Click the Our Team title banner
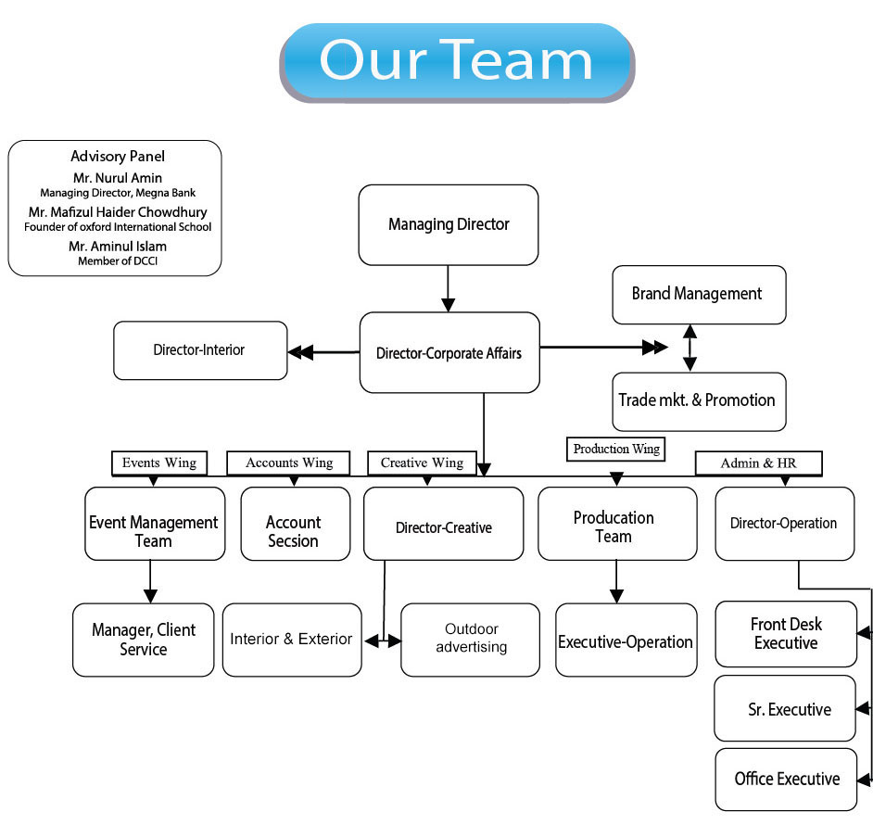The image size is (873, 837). pyautogui.click(x=456, y=61)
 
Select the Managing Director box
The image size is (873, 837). pyautogui.click(x=449, y=224)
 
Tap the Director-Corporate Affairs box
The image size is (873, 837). pyautogui.click(x=449, y=352)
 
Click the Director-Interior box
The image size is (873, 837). pyautogui.click(x=200, y=350)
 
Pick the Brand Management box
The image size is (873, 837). pyautogui.click(x=699, y=295)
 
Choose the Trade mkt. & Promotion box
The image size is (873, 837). pyautogui.click(x=699, y=401)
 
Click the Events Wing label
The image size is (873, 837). pyautogui.click(x=159, y=463)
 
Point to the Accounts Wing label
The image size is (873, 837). pyautogui.click(x=289, y=463)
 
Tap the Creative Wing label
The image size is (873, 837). pyautogui.click(x=422, y=463)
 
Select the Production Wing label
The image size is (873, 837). pyautogui.click(x=616, y=449)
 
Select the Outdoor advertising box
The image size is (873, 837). pyautogui.click(x=470, y=640)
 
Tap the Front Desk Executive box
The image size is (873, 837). pyautogui.click(x=786, y=634)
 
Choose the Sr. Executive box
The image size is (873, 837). pyautogui.click(x=786, y=709)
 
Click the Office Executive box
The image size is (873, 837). pyautogui.click(x=786, y=780)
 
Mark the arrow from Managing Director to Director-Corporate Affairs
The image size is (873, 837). pyautogui.click(x=449, y=288)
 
